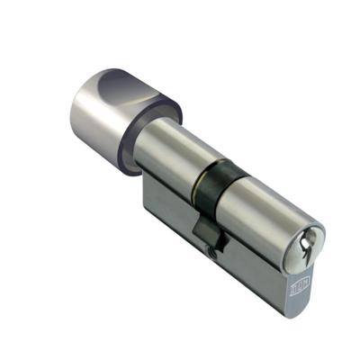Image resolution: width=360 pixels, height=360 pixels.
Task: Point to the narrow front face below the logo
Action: click(300, 310)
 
